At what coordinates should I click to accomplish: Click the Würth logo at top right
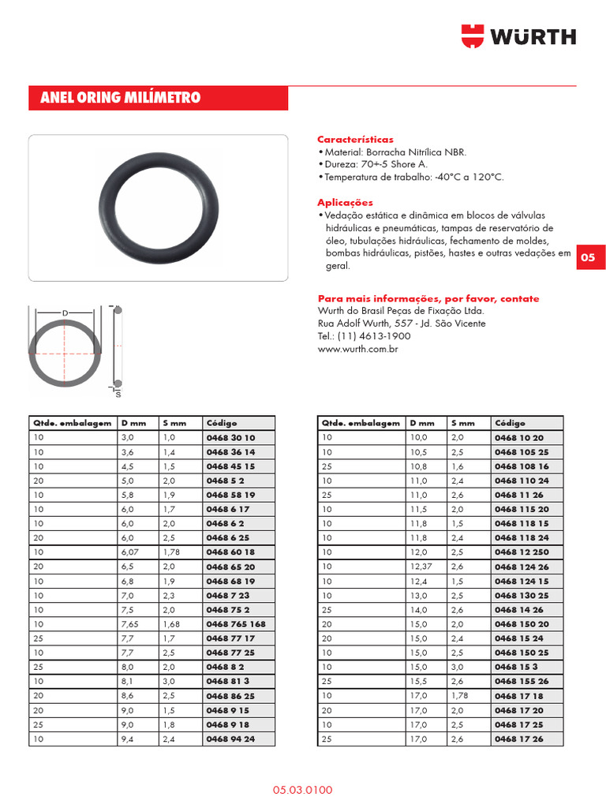click(518, 36)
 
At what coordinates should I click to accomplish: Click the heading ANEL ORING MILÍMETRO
click(121, 98)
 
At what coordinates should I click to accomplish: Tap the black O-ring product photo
click(159, 207)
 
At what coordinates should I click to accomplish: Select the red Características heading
click(355, 139)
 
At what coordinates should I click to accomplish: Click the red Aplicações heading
click(345, 202)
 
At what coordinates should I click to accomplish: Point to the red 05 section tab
click(590, 257)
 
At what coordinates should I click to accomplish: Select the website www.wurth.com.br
click(357, 349)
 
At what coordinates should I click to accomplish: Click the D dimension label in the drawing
click(65, 313)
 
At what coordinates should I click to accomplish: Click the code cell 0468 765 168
click(236, 624)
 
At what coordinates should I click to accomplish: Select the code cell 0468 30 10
click(230, 438)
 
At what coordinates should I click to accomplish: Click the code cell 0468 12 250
click(522, 552)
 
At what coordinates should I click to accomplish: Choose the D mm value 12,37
click(421, 567)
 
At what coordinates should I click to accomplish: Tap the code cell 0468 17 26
click(518, 739)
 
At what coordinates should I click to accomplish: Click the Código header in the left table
click(222, 423)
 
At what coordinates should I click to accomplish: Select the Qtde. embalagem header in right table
click(361, 423)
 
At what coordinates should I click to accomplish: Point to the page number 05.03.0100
click(303, 789)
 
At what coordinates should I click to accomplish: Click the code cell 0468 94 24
click(230, 739)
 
